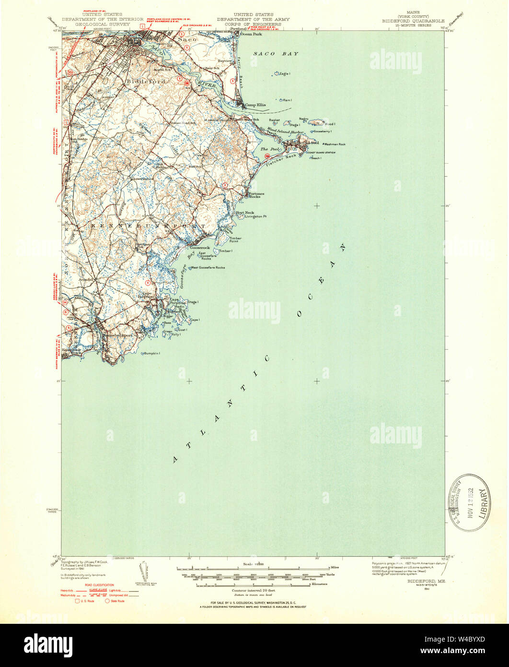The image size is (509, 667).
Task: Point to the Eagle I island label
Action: click(x=285, y=73)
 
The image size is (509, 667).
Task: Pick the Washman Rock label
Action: click(x=335, y=144)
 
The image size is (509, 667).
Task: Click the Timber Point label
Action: click(x=235, y=240)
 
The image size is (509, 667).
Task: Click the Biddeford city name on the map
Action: click(x=146, y=82)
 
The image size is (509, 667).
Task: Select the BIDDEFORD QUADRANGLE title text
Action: click(x=413, y=21)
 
